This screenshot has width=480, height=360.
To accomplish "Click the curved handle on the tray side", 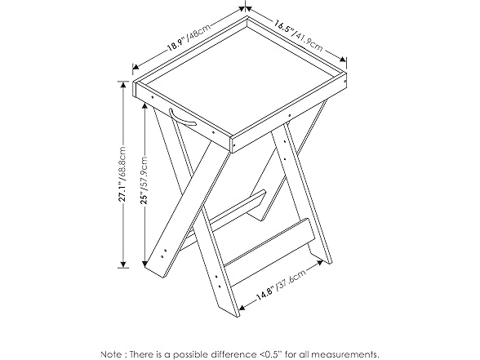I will point(183,118).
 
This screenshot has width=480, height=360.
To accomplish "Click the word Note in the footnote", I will point(113,353).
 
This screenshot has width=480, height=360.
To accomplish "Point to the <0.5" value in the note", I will point(276,353).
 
